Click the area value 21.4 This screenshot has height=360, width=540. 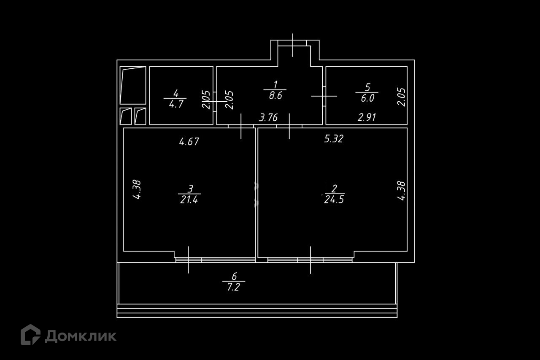(188, 200)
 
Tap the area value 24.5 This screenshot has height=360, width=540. (334, 200)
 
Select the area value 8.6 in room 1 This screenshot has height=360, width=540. (275, 95)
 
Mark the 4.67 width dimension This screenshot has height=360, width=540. (189, 142)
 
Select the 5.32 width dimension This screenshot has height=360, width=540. (333, 139)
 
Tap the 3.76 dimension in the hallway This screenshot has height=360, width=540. (268, 117)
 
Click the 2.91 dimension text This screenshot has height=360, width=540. (367, 118)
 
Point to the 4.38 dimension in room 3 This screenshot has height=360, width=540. (136, 190)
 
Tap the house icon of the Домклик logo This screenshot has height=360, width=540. (30, 335)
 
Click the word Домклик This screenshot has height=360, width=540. (81, 336)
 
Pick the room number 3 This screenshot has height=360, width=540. (190, 188)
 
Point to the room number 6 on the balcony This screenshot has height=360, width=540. (235, 277)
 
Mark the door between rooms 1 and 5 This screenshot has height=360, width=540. (324, 96)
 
